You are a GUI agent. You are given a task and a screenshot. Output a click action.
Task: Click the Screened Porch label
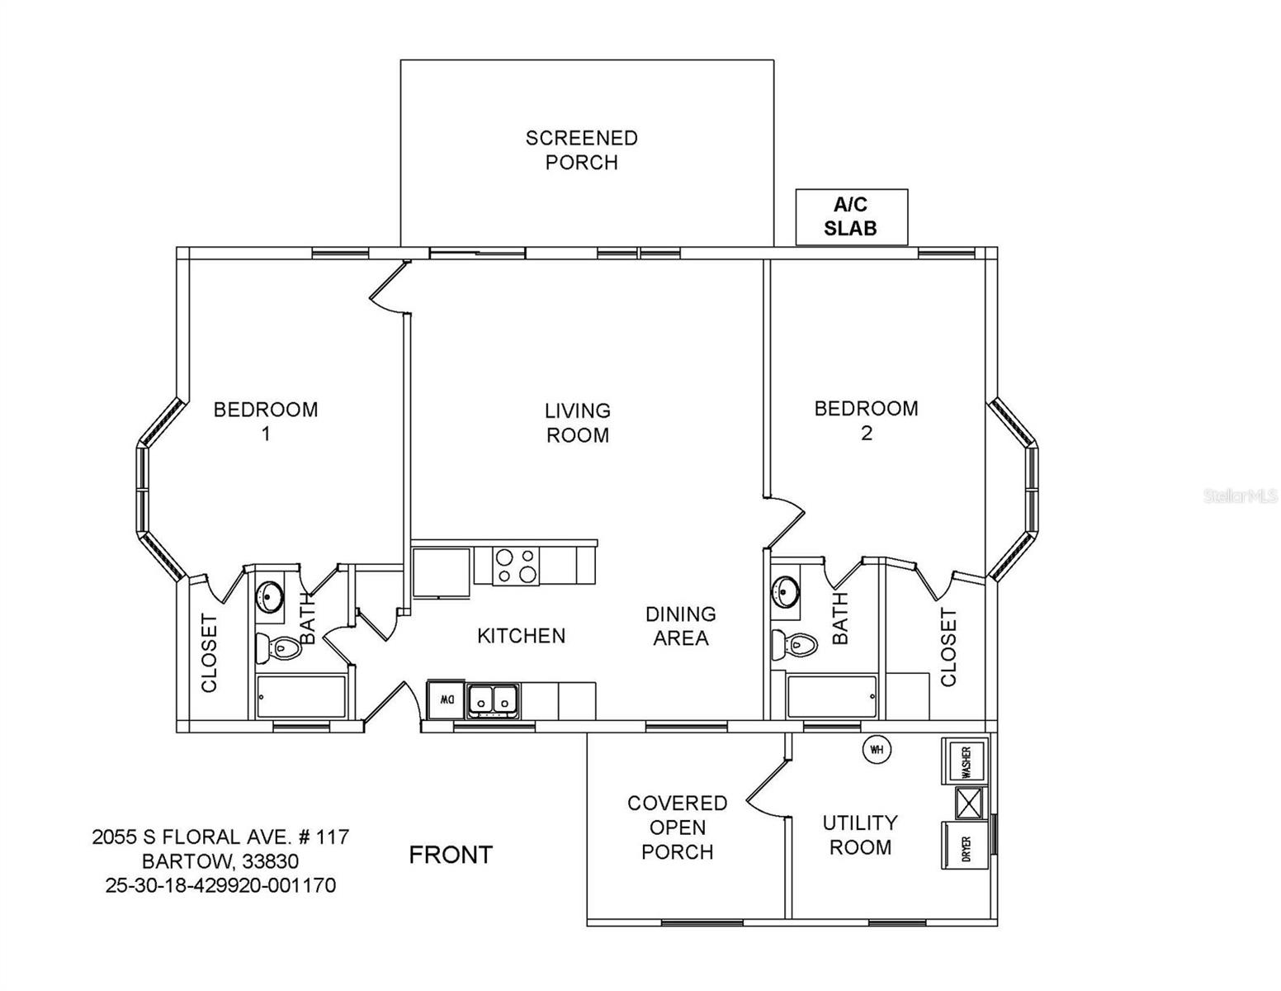coord(582,150)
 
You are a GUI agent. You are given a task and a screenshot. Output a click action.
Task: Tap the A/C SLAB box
coord(851,217)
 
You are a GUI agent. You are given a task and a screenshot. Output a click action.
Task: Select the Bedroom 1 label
coord(266,421)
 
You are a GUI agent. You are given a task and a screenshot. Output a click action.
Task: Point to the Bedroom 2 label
coord(866,420)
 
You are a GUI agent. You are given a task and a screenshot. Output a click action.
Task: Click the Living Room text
coord(578,423)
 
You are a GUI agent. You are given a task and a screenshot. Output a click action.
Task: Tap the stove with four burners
coord(516,566)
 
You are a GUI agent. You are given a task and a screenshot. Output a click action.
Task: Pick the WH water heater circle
coord(877,750)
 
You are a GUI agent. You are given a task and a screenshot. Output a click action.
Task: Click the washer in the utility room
coord(965,761)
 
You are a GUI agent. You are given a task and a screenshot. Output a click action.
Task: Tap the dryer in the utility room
coord(965,846)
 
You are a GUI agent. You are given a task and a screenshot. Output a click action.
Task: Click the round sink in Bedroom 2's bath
coord(785,592)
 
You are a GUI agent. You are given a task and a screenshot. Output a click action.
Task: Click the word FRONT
coord(451,855)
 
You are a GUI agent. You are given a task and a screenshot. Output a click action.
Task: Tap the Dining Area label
coord(680,626)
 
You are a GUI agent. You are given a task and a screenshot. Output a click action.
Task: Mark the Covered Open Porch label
coord(677,827)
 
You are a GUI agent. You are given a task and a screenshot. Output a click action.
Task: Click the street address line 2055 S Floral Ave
coord(220,837)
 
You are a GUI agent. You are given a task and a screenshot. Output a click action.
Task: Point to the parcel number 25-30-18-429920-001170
coord(220,885)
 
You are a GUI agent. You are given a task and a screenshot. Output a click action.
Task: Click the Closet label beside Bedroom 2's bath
coord(948,647)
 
